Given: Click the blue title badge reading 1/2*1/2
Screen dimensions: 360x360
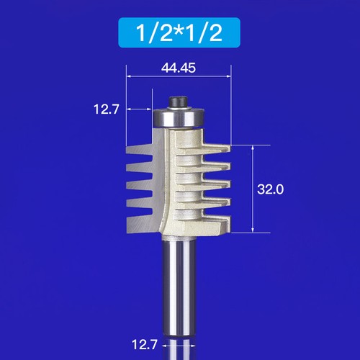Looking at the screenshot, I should point(179,33).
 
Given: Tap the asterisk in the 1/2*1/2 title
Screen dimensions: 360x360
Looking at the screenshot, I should point(179,32).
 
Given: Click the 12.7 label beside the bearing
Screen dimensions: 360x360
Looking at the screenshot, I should point(105,109).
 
